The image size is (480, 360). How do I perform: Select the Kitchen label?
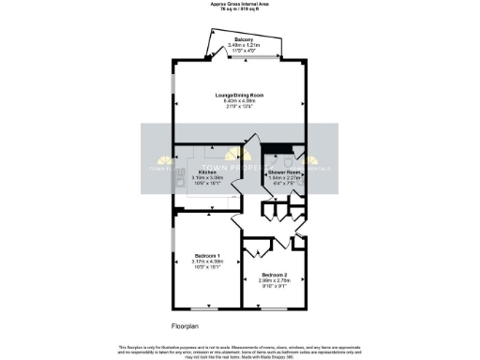pyautogui.click(x=208, y=172)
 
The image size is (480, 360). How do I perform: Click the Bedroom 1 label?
pyautogui.click(x=208, y=256)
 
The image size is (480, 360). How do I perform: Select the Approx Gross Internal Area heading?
pyautogui.click(x=240, y=4)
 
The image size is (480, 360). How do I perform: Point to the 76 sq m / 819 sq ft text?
pyautogui.click(x=240, y=9)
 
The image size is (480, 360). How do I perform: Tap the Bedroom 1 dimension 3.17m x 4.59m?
pyautogui.click(x=208, y=262)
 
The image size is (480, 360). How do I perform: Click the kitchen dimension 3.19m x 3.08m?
pyautogui.click(x=208, y=178)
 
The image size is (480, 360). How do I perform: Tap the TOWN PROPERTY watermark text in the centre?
pyautogui.click(x=240, y=164)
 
